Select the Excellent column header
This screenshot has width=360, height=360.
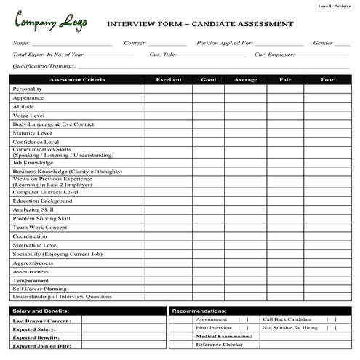tap(168, 79)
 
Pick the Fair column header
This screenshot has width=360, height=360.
tap(284, 79)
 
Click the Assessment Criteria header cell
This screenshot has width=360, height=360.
tap(76, 79)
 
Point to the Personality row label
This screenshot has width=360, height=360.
tap(28, 89)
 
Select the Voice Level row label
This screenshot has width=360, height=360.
tap(28, 116)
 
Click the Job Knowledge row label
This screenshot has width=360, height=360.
tap(33, 163)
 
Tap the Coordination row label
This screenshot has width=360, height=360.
tap(30, 236)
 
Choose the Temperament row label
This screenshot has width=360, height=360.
tap(31, 280)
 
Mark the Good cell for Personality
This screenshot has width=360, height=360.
tap(208, 89)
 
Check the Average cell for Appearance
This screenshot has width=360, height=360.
tap(244, 97)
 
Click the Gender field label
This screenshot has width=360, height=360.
tap(322, 43)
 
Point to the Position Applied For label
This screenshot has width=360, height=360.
tap(225, 43)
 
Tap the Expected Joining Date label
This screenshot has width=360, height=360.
tap(42, 346)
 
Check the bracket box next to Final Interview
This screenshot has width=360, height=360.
tap(243, 328)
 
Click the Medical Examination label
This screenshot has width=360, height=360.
tap(223, 337)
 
